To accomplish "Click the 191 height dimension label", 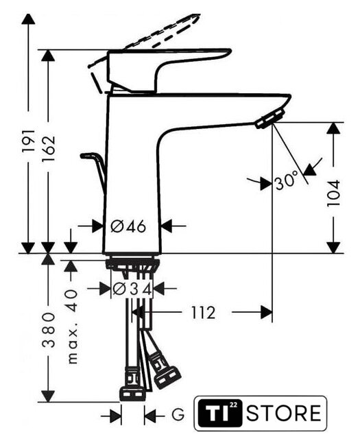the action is coord(28,141).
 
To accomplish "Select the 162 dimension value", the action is coord(48,149).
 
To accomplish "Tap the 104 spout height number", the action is coord(334,193).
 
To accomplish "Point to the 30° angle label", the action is coord(287,181).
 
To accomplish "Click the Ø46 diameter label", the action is coord(128,226).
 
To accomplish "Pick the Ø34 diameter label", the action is coord(132,289).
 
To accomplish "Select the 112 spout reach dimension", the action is coord(203,313).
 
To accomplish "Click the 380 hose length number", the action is coord(48,331).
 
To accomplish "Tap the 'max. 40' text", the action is coord(72,327).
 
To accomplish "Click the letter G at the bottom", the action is coord(178,414).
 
